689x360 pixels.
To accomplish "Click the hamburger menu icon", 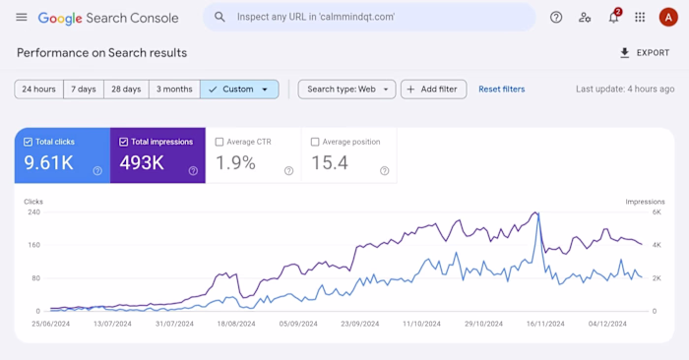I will pyautogui.click(x=22, y=18).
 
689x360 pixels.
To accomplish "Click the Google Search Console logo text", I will pyautogui.click(x=110, y=18).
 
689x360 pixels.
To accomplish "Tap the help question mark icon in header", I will pyautogui.click(x=556, y=17).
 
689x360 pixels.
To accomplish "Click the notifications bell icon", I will pyautogui.click(x=613, y=18).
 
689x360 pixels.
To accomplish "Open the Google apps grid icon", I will pyautogui.click(x=641, y=18).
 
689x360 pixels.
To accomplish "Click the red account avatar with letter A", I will pyautogui.click(x=668, y=18).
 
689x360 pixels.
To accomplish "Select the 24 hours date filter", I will pyautogui.click(x=38, y=90).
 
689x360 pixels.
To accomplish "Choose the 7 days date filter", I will pyautogui.click(x=84, y=90).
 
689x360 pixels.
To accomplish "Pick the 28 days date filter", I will pyautogui.click(x=126, y=90).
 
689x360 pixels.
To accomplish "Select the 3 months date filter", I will pyautogui.click(x=174, y=90).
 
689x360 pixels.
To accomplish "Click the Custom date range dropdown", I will pyautogui.click(x=239, y=90).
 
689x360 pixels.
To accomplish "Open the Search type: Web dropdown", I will pyautogui.click(x=346, y=90).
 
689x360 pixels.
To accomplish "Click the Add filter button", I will pyautogui.click(x=432, y=90).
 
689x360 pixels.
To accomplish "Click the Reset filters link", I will pyautogui.click(x=501, y=90).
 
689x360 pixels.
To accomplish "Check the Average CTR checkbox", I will pyautogui.click(x=219, y=142).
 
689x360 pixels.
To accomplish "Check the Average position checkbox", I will pyautogui.click(x=316, y=142).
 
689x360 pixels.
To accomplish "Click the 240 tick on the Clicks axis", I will pyautogui.click(x=33, y=212).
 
